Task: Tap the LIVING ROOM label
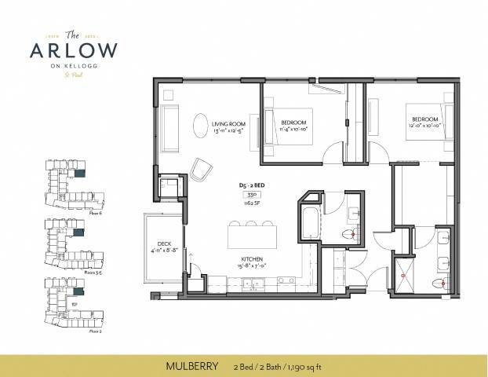click(x=230, y=123)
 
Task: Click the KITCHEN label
click(x=252, y=258)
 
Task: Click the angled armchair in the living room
click(x=202, y=169)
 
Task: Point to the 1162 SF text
click(x=253, y=203)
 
